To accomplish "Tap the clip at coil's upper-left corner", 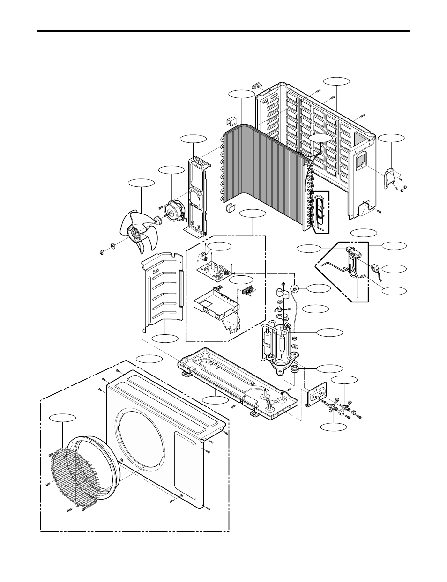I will [231, 122].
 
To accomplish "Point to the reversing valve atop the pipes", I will [354, 253].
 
